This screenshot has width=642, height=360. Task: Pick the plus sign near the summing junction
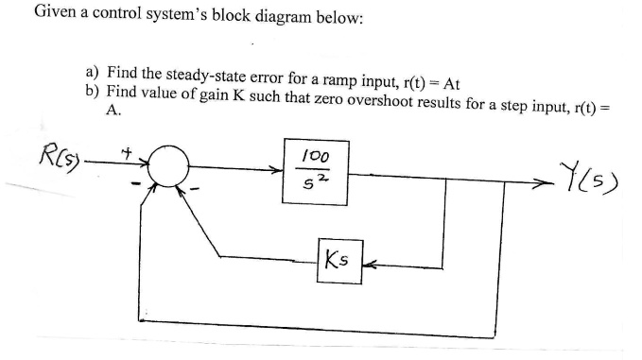click(x=124, y=149)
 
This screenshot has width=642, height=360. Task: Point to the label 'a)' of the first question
click(x=92, y=73)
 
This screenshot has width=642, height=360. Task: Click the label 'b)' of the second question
click(x=92, y=92)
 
